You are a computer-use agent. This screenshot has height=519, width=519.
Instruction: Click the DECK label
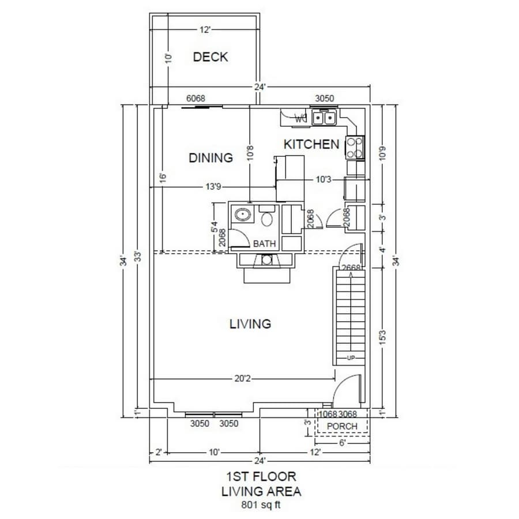click(210, 57)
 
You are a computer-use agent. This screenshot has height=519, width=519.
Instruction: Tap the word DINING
click(210, 157)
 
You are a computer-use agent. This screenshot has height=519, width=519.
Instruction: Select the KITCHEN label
click(311, 144)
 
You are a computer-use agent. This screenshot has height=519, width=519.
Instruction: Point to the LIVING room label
click(250, 324)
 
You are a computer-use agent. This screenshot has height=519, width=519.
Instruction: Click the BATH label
click(265, 244)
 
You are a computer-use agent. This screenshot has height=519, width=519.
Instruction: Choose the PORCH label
click(342, 426)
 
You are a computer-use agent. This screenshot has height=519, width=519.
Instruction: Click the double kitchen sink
click(324, 118)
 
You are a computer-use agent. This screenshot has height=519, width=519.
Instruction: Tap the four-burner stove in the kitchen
click(355, 146)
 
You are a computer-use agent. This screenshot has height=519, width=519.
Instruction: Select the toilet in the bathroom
click(267, 218)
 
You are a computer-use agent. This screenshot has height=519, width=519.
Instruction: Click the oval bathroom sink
click(242, 216)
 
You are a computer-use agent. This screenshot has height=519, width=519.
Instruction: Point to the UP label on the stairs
click(351, 358)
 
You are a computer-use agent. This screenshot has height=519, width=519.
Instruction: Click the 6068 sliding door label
click(195, 99)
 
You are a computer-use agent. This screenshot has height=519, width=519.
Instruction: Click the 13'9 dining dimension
click(213, 186)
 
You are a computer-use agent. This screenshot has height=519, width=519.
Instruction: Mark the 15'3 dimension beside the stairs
click(383, 336)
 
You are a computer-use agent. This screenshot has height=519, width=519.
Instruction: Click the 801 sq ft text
click(261, 505)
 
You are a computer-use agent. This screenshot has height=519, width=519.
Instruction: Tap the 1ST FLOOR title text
click(261, 476)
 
